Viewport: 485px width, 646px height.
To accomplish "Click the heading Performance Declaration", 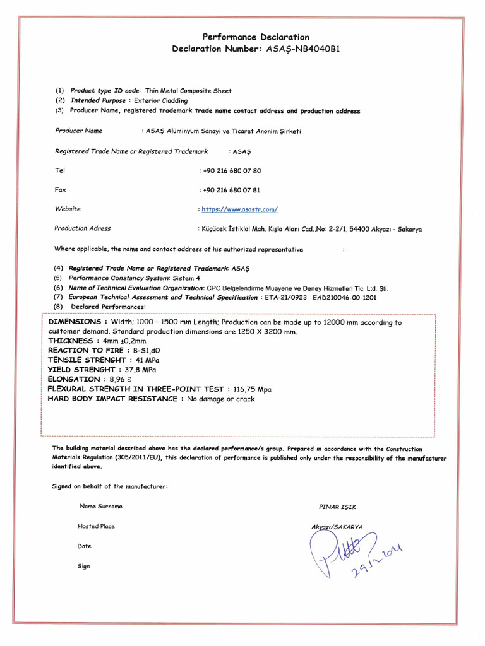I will (256, 37).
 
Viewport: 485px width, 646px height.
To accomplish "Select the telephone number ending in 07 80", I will (232, 171).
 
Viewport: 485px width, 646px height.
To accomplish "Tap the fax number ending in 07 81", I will (232, 190).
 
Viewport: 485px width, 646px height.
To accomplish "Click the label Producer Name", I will (78, 131).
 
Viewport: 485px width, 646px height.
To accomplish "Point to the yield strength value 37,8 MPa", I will (141, 369).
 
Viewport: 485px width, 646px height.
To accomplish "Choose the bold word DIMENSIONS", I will (74, 322).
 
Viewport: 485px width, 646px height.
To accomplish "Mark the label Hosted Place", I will (96, 526).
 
